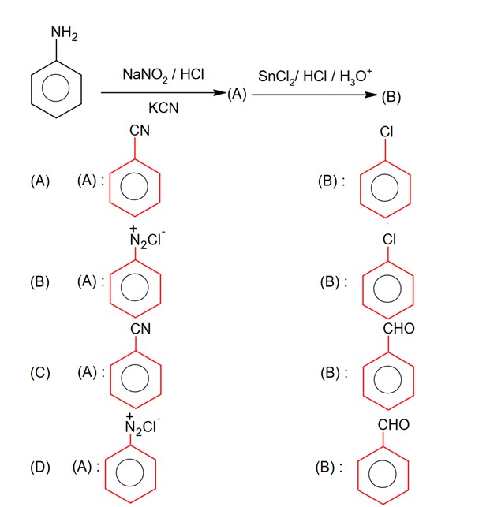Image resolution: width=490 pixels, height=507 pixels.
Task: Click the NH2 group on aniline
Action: pyautogui.click(x=65, y=32)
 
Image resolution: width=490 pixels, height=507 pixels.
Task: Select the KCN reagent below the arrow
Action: pyautogui.click(x=163, y=108)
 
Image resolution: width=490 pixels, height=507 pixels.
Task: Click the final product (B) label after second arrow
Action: pyautogui.click(x=391, y=97)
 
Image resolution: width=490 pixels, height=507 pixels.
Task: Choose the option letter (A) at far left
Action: pyautogui.click(x=40, y=181)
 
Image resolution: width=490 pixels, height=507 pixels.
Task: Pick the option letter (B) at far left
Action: pyautogui.click(x=40, y=281)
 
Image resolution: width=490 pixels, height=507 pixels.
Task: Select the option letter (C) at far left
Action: pyautogui.click(x=40, y=373)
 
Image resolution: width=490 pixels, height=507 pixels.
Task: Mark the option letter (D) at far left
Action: pyautogui.click(x=40, y=467)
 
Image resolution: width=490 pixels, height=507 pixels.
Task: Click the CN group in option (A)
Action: pyautogui.click(x=140, y=141)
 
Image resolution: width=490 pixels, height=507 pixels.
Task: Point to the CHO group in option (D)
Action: pyautogui.click(x=394, y=425)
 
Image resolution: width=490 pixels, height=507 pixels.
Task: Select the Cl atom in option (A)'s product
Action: pyautogui.click(x=387, y=132)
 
